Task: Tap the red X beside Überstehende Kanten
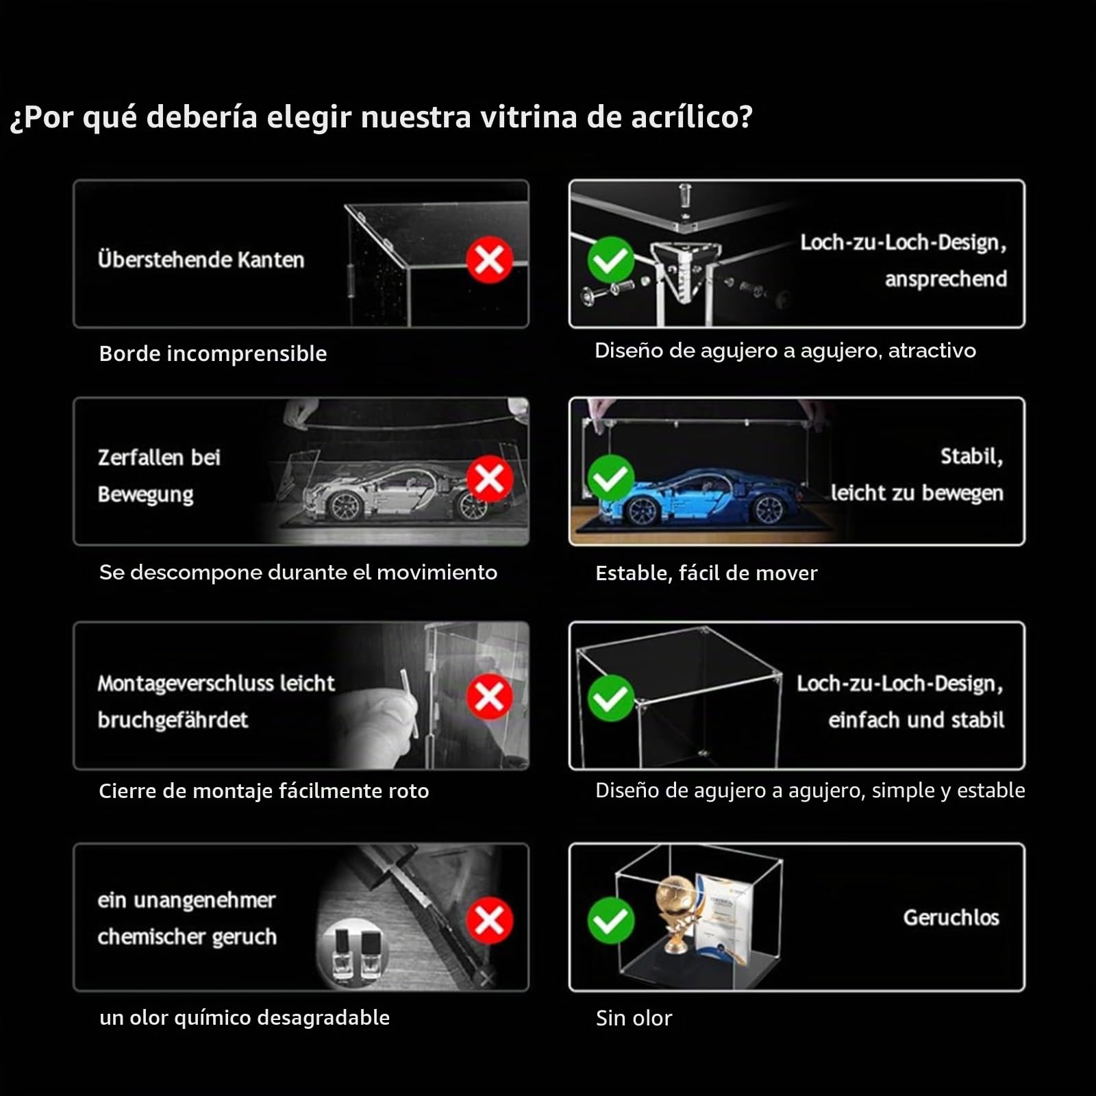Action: click(x=489, y=260)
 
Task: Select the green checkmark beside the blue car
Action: click(x=610, y=478)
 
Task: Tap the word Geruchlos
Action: click(x=951, y=917)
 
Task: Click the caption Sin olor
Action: click(x=634, y=1018)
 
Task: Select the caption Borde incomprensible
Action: click(x=213, y=353)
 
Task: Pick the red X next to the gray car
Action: click(x=489, y=478)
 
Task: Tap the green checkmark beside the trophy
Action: click(x=610, y=920)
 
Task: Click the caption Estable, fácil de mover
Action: click(x=706, y=573)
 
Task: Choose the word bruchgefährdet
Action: click(x=173, y=720)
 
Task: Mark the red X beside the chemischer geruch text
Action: click(x=489, y=920)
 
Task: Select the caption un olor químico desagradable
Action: click(x=245, y=1017)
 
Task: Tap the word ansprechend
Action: click(x=946, y=279)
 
